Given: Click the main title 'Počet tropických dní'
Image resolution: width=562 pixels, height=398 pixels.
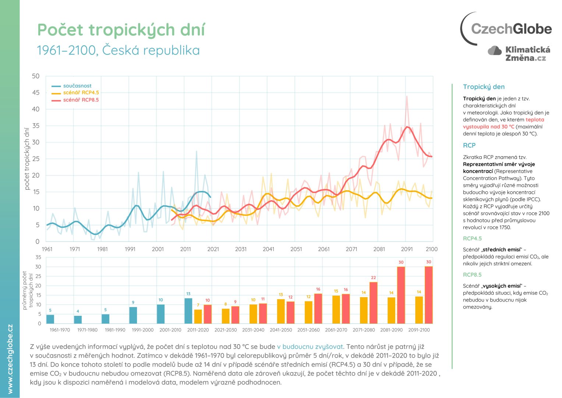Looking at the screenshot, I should click(121, 30).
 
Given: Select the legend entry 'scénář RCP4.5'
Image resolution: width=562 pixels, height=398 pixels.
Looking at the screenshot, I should click(81, 92).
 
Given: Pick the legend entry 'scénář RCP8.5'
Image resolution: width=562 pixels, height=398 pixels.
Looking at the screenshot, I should click(81, 100).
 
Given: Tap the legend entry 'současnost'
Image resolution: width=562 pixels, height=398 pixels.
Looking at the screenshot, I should click(77, 86).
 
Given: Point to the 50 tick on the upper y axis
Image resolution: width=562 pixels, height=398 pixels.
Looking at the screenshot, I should click(36, 76).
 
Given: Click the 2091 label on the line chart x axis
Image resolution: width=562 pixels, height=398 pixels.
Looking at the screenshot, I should click(407, 249).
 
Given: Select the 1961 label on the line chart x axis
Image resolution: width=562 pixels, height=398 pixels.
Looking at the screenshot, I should click(47, 249).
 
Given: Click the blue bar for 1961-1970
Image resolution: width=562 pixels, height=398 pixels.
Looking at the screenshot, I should click(50, 319).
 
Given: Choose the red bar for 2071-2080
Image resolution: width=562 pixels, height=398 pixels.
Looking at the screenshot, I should click(373, 303).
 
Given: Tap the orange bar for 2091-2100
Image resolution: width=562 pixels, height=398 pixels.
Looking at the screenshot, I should click(419, 310).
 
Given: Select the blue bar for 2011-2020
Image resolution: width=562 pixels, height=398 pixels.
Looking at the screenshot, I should click(188, 311).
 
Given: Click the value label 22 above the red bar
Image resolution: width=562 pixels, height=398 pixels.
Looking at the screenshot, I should click(373, 278).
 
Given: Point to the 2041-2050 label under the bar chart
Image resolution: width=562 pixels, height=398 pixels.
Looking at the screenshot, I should click(281, 330).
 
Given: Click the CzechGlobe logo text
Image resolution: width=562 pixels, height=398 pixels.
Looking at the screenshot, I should click(511, 29).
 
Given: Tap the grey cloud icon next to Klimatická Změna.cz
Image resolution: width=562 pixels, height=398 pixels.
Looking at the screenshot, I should click(495, 50).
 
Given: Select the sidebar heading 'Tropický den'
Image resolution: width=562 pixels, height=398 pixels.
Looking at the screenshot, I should click(484, 87).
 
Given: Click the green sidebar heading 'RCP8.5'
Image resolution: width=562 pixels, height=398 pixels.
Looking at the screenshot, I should click(472, 275).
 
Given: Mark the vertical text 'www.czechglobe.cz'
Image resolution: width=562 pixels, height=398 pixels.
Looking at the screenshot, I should click(10, 359).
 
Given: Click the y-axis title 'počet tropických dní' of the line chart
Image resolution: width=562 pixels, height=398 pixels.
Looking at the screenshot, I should click(26, 159).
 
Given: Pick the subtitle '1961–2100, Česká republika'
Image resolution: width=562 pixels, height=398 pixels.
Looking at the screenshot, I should click(118, 50).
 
